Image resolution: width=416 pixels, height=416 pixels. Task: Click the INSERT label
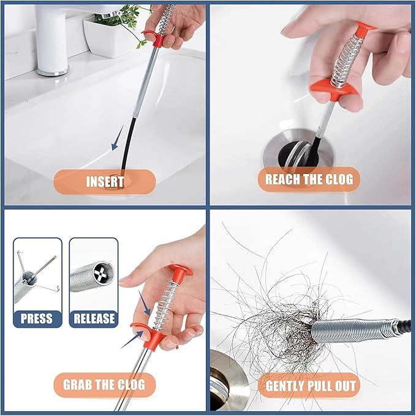(105, 181)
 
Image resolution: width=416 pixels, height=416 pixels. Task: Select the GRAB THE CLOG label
(104, 385)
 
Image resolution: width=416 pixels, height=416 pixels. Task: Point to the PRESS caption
(37, 318)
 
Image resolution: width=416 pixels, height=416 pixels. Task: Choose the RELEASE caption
(94, 318)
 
